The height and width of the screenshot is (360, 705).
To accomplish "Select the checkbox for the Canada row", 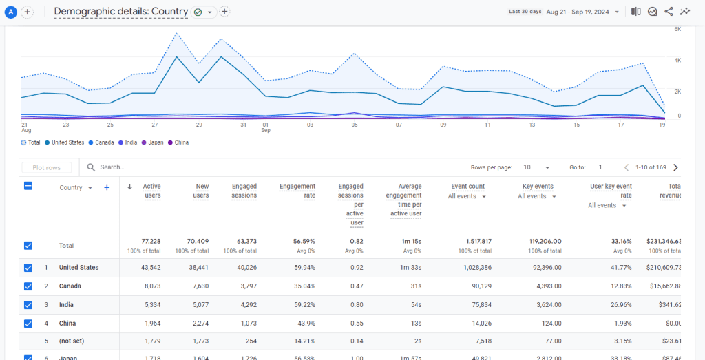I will coord(28,286).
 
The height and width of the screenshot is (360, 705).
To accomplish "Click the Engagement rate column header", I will coord(297,191).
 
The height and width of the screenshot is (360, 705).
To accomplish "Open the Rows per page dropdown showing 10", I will coord(536,167).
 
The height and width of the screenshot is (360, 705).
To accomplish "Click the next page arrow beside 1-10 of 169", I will coord(675,167).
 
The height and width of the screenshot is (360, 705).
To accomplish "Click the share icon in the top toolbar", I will coord(669,12).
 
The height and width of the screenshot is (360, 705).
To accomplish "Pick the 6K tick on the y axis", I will coord(677,30).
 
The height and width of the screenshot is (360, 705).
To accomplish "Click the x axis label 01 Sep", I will coord(266,127).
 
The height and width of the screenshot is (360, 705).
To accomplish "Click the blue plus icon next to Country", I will coord(107,187).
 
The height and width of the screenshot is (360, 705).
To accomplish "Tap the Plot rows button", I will coord(46,167).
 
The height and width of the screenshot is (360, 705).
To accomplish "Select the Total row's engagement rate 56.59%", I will coord(302,242).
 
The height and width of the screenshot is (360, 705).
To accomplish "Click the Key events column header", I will coord(538,187).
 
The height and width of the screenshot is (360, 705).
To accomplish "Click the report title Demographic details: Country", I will coord(121,12).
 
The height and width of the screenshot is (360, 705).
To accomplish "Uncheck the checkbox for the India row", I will coord(28,305).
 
